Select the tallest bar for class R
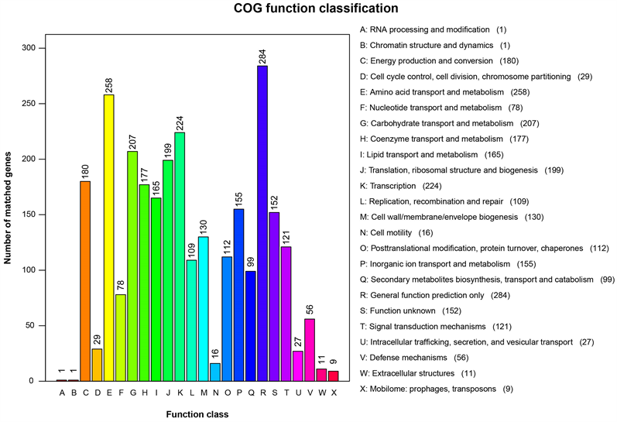262,224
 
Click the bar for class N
215,372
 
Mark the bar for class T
286,314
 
